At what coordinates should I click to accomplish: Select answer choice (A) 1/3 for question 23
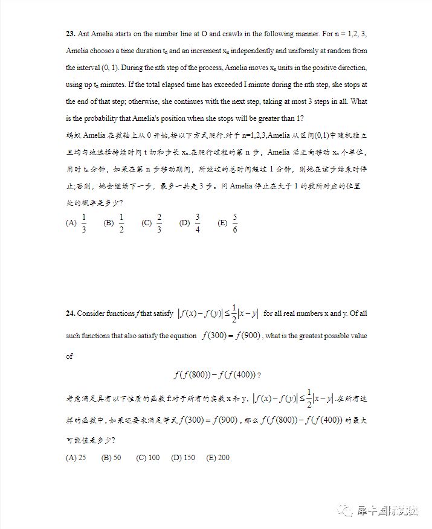point(77,223)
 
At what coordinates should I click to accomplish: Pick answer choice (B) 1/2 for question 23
point(115,223)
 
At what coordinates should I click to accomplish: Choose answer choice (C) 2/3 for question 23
point(153,223)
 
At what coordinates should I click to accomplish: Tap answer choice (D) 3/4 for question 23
point(191,223)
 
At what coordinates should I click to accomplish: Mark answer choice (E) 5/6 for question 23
point(228,223)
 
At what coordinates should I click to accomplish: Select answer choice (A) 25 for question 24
point(76,458)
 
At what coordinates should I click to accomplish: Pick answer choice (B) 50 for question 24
point(112,458)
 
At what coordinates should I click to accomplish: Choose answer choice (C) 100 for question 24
point(148,458)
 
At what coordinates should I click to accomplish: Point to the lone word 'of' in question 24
point(69,356)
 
